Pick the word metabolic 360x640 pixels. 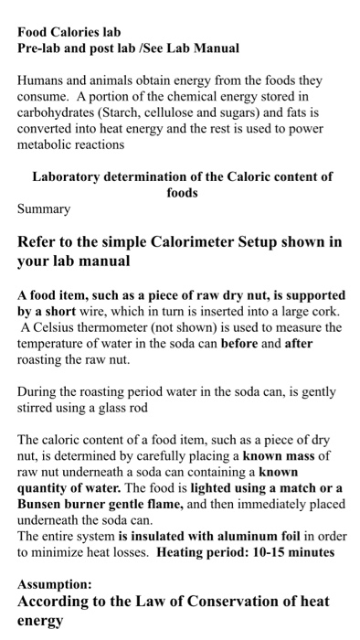point(48,144)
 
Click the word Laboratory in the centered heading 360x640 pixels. point(69,176)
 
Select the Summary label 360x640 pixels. point(44,209)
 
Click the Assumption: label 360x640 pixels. point(55,584)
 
